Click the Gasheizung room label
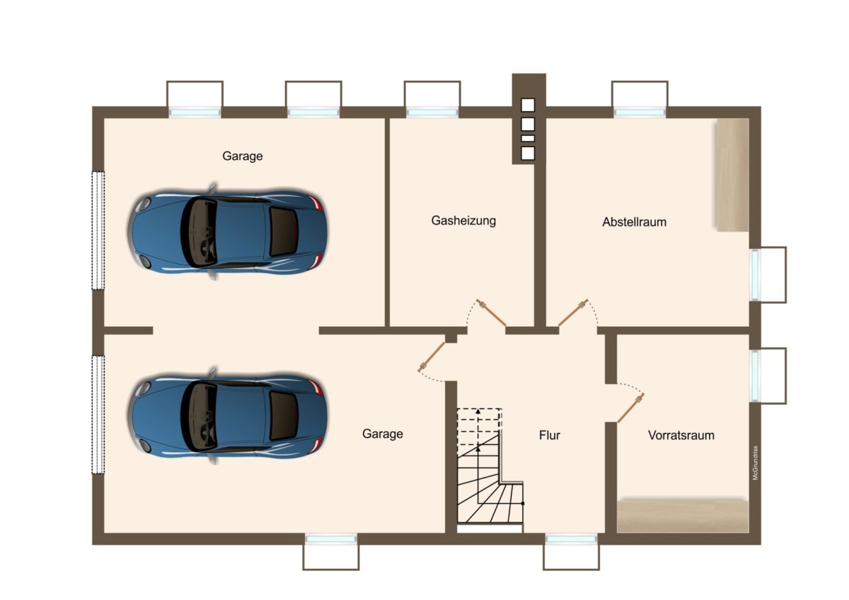click(463, 221)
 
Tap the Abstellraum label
click(635, 221)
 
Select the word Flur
click(550, 435)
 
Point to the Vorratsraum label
click(681, 435)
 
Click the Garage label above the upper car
click(243, 156)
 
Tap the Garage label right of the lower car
click(383, 434)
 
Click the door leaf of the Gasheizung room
click(492, 313)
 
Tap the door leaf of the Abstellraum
click(572, 313)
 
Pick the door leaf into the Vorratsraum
click(630, 408)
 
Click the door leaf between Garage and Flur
click(432, 357)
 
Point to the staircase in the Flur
click(490, 466)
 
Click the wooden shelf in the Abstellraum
click(732, 175)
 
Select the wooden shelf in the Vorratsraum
click(683, 516)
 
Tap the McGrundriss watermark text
click(756, 463)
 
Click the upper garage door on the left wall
click(98, 231)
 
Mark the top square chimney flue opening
click(528, 105)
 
